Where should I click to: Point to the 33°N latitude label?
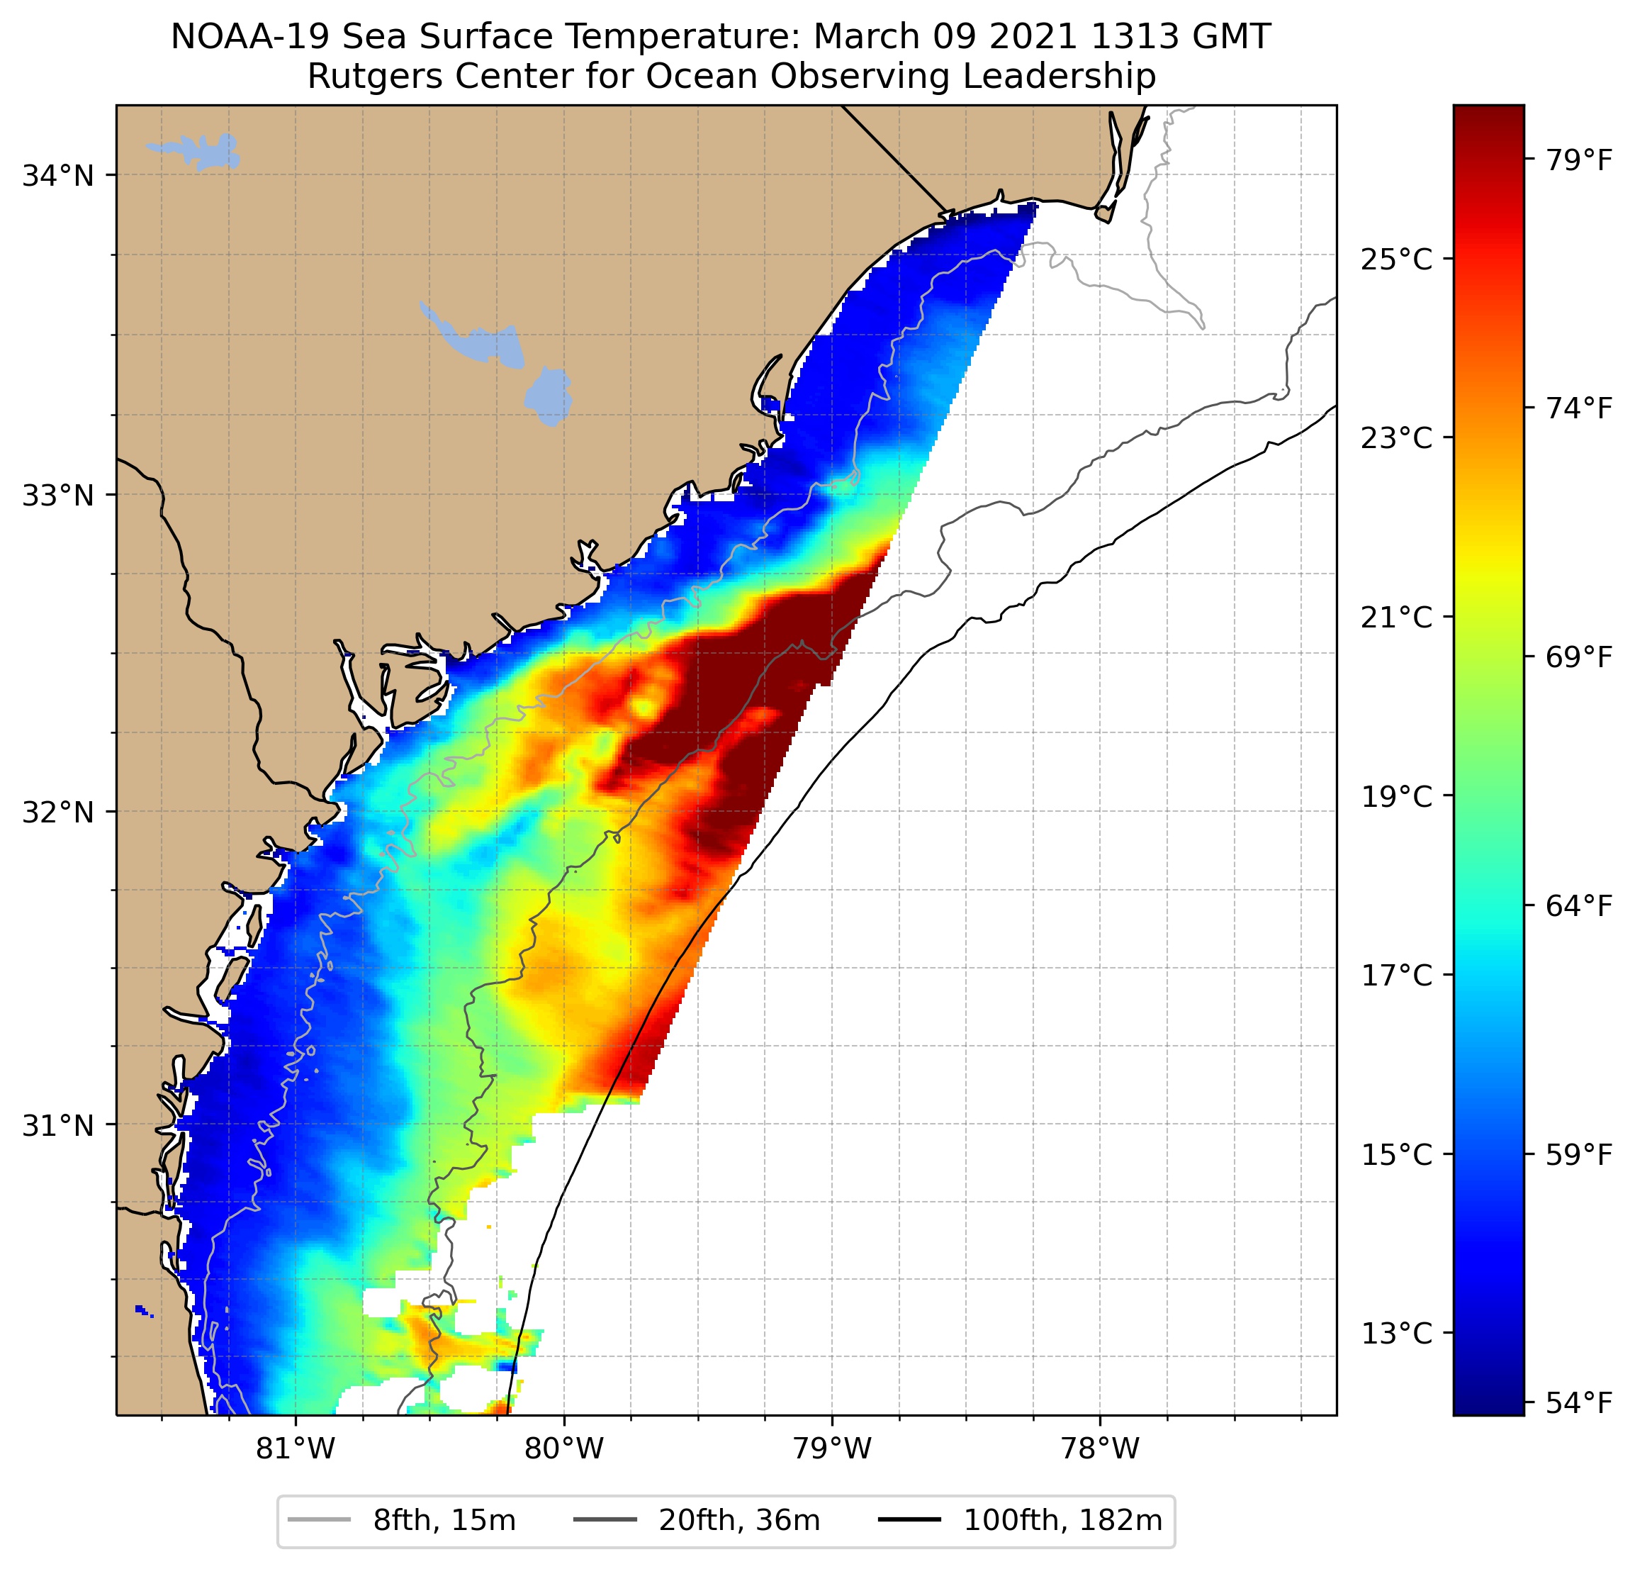coord(57,495)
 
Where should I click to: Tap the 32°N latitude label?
coord(57,811)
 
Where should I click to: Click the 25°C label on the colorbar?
coord(1396,259)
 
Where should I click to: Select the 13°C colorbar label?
coord(1396,1333)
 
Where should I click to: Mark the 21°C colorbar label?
coord(1396,618)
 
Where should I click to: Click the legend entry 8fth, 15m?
coord(444,1521)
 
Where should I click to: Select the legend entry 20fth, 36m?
coord(739,1521)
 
